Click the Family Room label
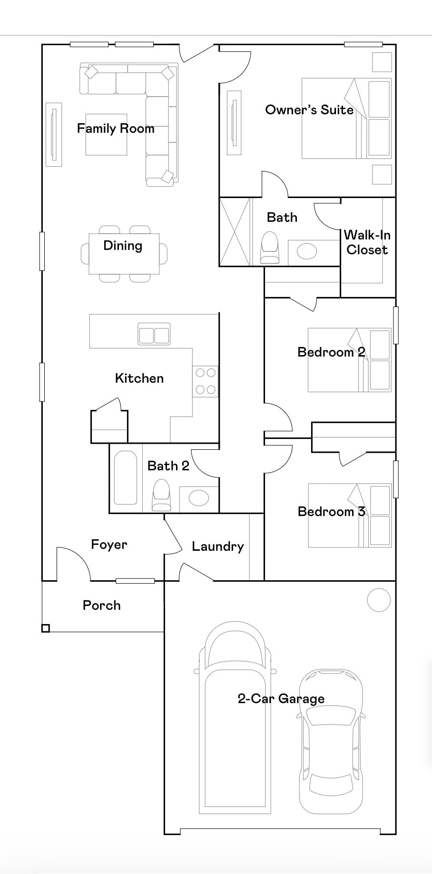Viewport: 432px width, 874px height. pyautogui.click(x=116, y=129)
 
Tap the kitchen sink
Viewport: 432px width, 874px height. pyautogui.click(x=154, y=334)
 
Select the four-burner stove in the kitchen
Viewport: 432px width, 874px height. pyautogui.click(x=205, y=381)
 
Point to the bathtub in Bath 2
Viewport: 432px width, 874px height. pyautogui.click(x=126, y=477)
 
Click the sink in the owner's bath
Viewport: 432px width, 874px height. pyautogui.click(x=306, y=251)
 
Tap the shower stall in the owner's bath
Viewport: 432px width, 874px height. pyautogui.click(x=235, y=232)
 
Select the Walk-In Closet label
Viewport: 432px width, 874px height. pyautogui.click(x=367, y=242)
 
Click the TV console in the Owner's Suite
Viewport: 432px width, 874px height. pyautogui.click(x=234, y=122)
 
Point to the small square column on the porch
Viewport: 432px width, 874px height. pyautogui.click(x=45, y=628)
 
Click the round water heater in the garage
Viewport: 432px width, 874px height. pyautogui.click(x=379, y=600)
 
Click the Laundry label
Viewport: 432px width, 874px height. pyautogui.click(x=217, y=546)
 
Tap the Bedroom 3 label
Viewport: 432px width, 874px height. pyautogui.click(x=331, y=512)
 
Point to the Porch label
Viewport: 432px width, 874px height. pyautogui.click(x=101, y=606)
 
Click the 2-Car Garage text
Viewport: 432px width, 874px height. pyautogui.click(x=281, y=699)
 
